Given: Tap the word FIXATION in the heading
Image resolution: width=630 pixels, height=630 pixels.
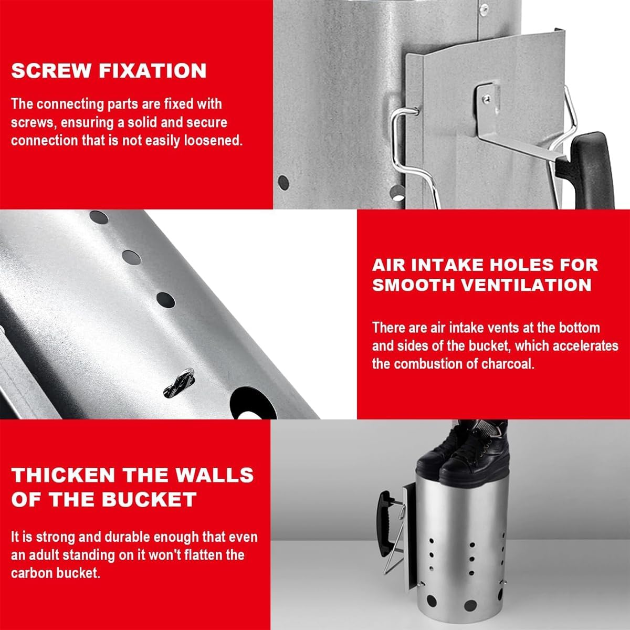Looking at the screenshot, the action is click(x=153, y=71).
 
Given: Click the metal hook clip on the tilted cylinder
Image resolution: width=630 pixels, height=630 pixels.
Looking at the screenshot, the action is click(x=180, y=383).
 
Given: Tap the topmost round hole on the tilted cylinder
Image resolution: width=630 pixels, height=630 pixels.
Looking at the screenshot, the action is click(x=99, y=217).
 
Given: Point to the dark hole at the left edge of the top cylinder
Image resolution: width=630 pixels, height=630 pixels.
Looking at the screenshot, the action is click(x=283, y=183).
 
